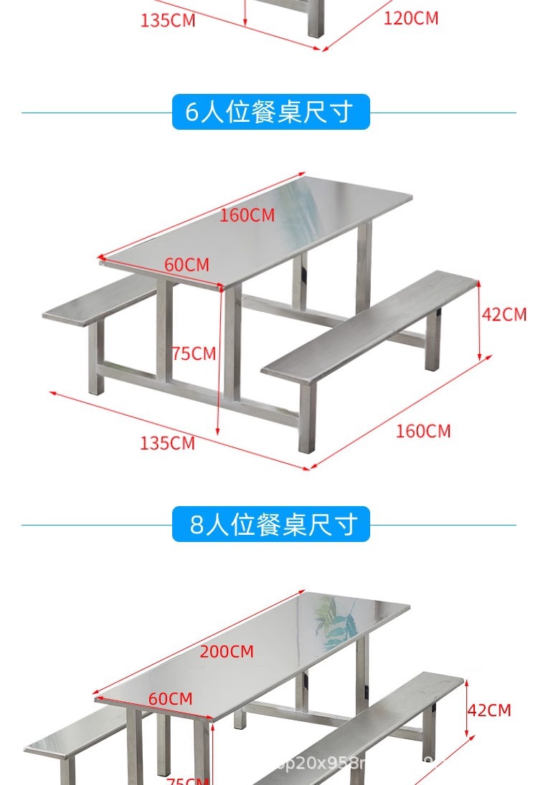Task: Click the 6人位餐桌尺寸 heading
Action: [x=270, y=113]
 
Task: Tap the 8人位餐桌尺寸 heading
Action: [x=270, y=525]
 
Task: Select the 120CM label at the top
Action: [x=410, y=18]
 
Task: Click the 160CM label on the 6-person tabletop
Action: [x=247, y=214]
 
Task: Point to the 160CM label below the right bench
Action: [x=423, y=431]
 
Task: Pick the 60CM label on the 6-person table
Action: [x=187, y=265]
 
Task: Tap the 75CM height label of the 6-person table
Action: [x=194, y=353]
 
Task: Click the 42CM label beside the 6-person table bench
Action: [x=504, y=314]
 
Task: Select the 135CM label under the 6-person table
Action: [x=167, y=443]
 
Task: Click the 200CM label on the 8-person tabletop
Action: [x=227, y=652]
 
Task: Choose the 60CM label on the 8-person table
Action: [x=171, y=698]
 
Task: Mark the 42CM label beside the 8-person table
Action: [x=489, y=710]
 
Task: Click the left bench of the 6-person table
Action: [x=100, y=305]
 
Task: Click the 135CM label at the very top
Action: [x=167, y=20]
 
